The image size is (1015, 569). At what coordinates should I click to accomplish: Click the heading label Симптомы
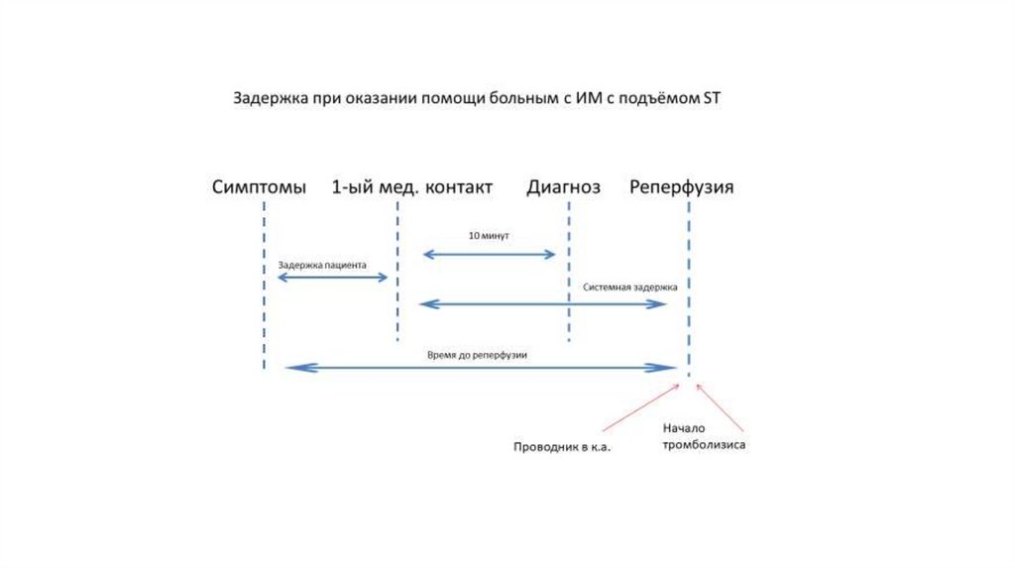coord(259,186)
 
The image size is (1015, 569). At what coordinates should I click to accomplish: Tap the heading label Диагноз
coord(563,186)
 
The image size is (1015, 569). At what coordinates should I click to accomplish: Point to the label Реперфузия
coord(681,186)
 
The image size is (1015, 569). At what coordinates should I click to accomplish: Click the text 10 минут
coord(490,237)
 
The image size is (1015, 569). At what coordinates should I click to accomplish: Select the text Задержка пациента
coord(323,265)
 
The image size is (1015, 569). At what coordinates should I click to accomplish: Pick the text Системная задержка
coord(630,286)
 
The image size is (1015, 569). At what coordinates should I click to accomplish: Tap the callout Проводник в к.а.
coord(562,446)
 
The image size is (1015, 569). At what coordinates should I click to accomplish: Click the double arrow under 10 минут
coord(490,255)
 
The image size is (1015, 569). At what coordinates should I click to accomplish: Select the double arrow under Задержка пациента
coord(332,278)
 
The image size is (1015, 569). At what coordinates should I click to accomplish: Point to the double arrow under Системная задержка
coord(542,304)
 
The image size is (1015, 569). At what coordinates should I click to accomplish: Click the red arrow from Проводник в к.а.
coord(640,406)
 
